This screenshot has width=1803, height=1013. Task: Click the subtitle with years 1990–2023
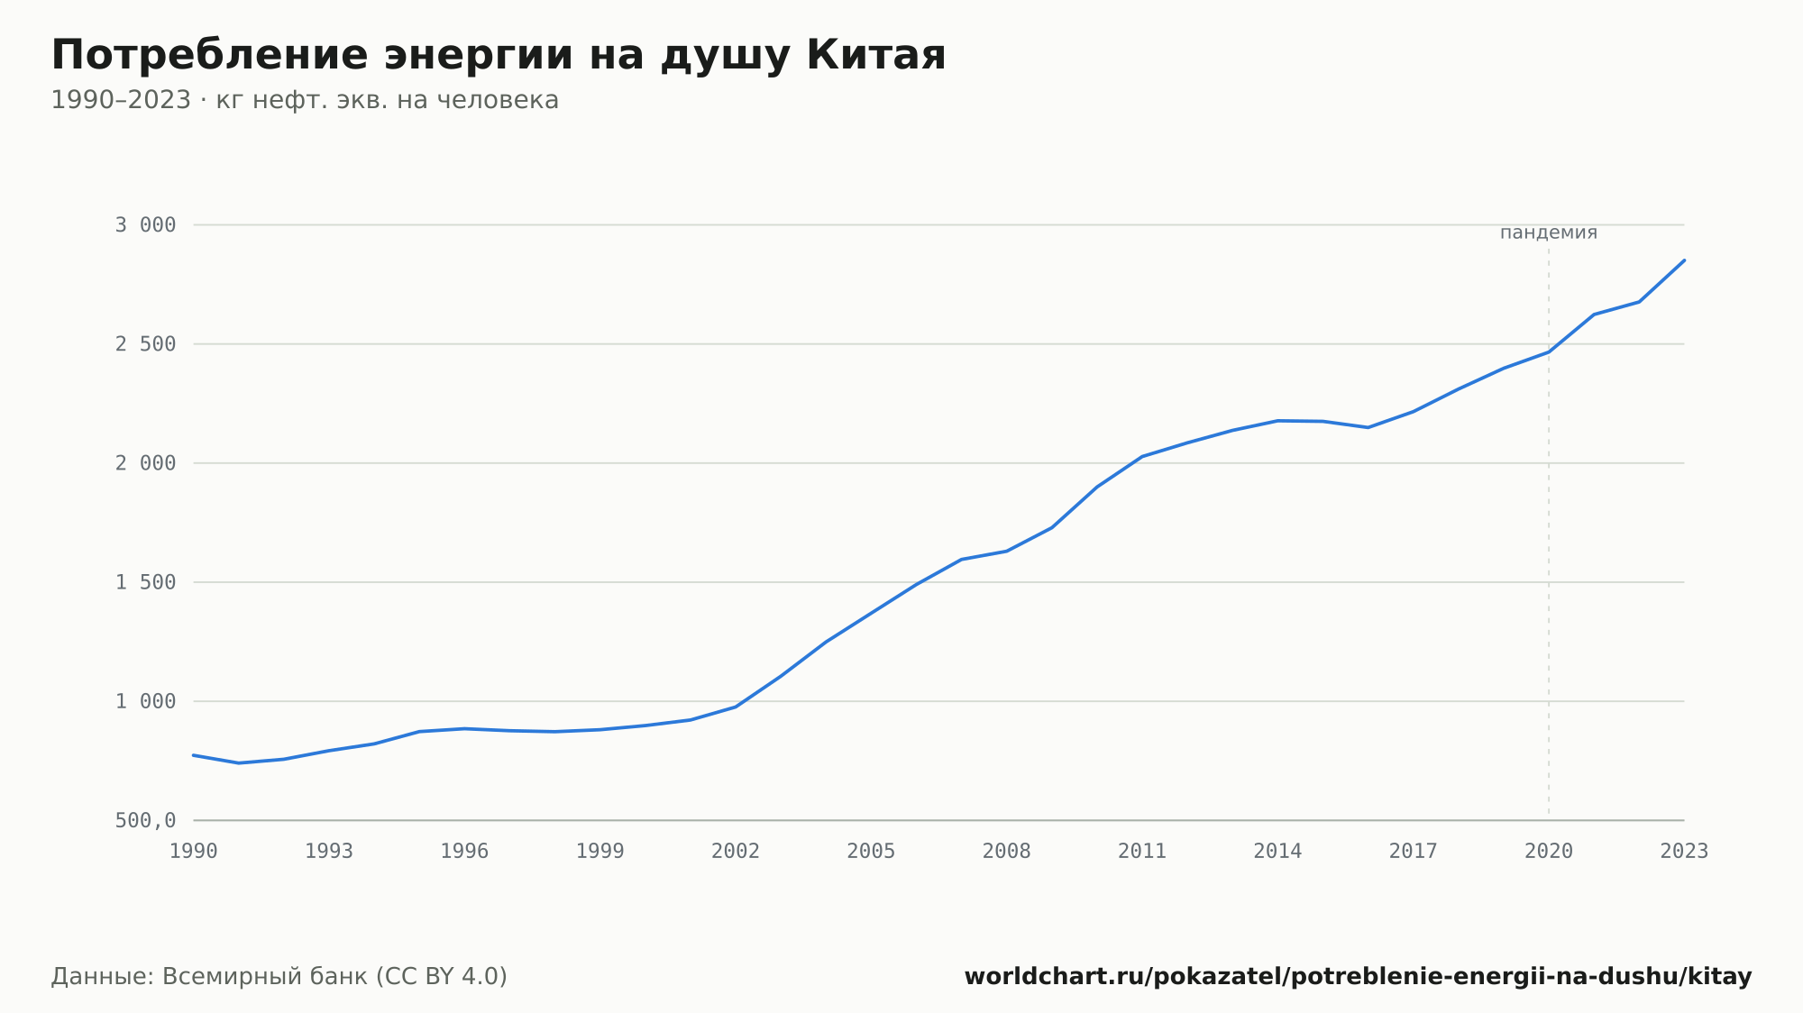tap(305, 100)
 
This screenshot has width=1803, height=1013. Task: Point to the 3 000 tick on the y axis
tap(145, 225)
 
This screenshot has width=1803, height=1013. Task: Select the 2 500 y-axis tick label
tap(145, 344)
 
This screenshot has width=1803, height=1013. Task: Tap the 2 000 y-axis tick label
tap(145, 463)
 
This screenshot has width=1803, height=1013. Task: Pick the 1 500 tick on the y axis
tap(145, 582)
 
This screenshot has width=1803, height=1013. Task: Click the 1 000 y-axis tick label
tap(145, 701)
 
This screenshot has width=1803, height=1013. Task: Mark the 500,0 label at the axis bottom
tap(145, 820)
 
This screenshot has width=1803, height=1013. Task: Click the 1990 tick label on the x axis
tap(194, 852)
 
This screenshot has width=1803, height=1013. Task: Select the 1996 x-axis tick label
tap(464, 852)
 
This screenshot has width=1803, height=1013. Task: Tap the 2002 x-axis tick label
tap(736, 852)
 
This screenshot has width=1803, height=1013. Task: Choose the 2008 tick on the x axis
tap(1007, 852)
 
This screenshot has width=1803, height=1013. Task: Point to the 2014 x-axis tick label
tap(1277, 852)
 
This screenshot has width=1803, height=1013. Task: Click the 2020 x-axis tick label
tap(1549, 852)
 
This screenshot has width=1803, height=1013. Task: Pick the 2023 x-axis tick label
tap(1684, 852)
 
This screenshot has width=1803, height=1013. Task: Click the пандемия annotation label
tap(1549, 233)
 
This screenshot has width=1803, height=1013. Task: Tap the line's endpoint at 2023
tap(1684, 260)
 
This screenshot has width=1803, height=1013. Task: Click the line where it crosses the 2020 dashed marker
tap(1549, 351)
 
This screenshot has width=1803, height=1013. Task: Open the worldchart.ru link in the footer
tap(1358, 977)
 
